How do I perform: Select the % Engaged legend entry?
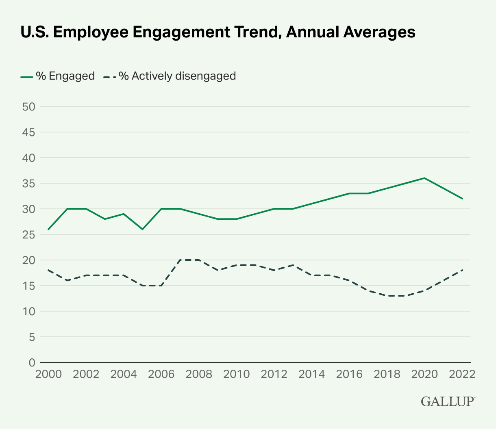point(58,76)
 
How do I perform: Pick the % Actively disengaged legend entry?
point(170,76)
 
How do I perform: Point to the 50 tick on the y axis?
point(28,107)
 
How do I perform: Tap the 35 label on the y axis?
point(28,184)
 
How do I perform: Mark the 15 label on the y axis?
point(28,286)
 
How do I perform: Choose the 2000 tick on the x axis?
point(48,374)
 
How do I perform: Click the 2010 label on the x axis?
point(237,374)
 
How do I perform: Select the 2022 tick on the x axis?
point(462,374)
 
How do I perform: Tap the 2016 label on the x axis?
point(349,374)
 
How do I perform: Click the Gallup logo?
point(448,401)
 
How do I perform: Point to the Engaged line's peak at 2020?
point(424,178)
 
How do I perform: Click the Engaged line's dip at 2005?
point(143,229)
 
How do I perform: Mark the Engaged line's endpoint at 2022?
point(462,199)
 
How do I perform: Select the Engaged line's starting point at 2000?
point(49,229)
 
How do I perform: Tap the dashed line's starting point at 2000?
point(49,270)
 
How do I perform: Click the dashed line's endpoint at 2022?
point(462,270)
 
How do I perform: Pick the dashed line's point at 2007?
point(180,260)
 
